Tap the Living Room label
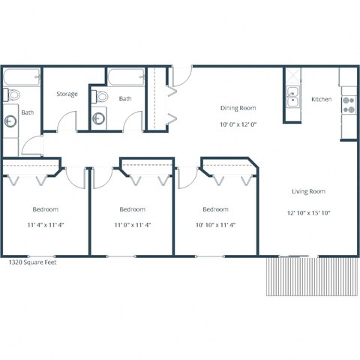click(308, 191)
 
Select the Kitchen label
click(321, 100)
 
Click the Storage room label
click(67, 94)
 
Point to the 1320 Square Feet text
click(31, 262)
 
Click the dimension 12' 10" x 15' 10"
click(308, 213)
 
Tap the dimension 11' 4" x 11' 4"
click(45, 224)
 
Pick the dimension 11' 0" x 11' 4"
click(132, 224)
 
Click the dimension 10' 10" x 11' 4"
click(215, 224)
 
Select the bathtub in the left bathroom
click(20, 78)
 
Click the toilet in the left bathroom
click(12, 96)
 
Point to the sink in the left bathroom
click(10, 119)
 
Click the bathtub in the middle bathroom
click(124, 78)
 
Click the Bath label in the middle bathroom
click(125, 99)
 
